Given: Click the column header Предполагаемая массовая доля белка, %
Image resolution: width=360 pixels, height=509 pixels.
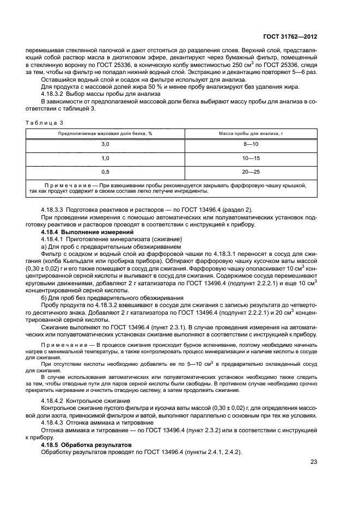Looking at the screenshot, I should click(106, 133).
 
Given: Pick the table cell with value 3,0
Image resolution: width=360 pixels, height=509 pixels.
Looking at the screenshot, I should click(106, 144).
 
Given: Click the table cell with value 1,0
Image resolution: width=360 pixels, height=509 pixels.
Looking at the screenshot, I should click(106, 158).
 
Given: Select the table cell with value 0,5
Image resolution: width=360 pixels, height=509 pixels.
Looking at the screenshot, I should click(106, 172).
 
